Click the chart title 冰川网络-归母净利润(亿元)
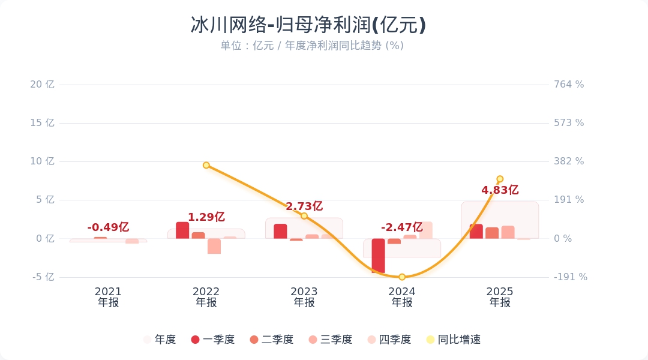coord(308,25)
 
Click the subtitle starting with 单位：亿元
coord(311,46)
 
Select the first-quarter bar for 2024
coord(378,255)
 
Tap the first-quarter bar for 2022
coord(182,230)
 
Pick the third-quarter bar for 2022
coord(214,246)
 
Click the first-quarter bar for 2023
coord(280,232)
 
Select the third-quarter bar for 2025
coord(508,232)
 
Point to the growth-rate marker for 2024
coord(402,277)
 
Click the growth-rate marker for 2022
coord(206,165)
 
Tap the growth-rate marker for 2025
coord(500,179)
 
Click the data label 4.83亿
coord(500,190)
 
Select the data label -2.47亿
coord(402,227)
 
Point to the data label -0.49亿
coord(108,227)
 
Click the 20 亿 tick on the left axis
coord(42,85)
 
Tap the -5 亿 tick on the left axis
coord(42,277)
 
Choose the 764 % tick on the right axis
coord(569,85)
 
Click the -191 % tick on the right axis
coord(571,277)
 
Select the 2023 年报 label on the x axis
coord(304,297)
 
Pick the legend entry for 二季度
coord(272,340)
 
